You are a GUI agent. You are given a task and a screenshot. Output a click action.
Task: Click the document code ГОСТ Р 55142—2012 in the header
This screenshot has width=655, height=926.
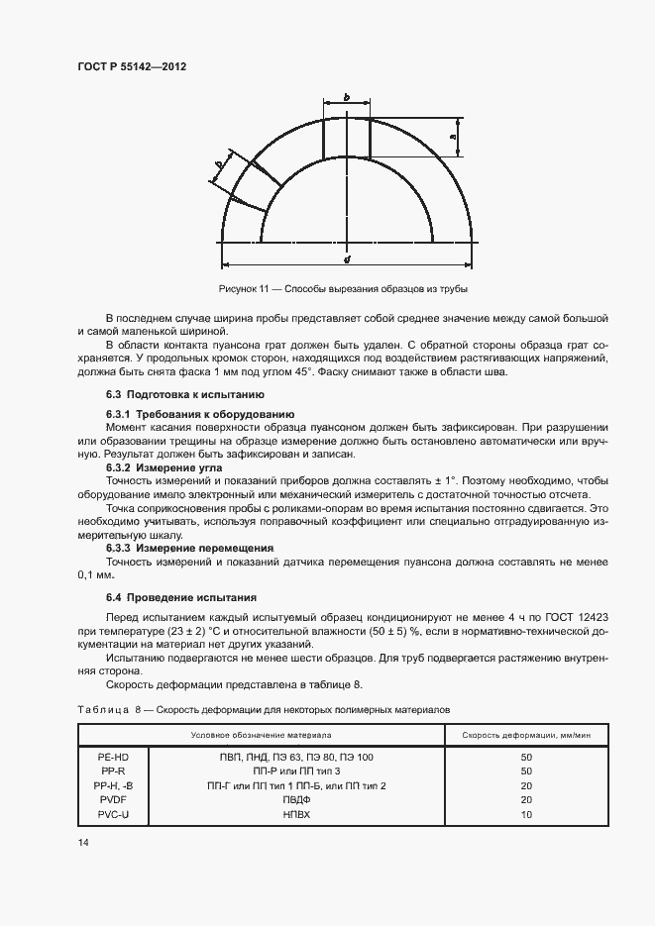132,66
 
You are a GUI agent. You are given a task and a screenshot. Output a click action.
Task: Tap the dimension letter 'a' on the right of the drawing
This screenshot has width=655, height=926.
453,137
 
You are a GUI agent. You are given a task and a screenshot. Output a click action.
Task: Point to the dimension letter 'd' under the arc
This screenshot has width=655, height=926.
347,258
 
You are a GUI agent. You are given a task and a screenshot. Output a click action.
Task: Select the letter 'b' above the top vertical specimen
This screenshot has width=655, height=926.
346,97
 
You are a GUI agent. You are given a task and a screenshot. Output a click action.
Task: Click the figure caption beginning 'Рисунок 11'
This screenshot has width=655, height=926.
342,289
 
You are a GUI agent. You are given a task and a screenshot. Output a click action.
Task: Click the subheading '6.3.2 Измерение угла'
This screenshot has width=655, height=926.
164,466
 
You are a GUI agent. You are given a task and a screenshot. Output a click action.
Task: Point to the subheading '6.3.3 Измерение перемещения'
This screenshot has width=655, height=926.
189,548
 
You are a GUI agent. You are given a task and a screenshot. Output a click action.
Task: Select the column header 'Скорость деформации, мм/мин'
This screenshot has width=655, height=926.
525,736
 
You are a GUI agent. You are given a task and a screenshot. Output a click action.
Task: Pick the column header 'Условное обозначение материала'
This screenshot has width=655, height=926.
262,736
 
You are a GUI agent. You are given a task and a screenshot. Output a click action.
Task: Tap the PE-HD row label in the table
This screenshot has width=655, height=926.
113,757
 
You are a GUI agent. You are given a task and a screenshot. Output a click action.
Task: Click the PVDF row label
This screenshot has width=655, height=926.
113,799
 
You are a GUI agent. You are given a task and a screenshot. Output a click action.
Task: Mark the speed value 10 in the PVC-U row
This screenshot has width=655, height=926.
526,813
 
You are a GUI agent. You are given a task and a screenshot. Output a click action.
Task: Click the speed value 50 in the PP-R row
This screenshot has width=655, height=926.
526,771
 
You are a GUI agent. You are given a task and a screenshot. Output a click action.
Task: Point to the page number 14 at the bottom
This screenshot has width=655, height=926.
82,843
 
